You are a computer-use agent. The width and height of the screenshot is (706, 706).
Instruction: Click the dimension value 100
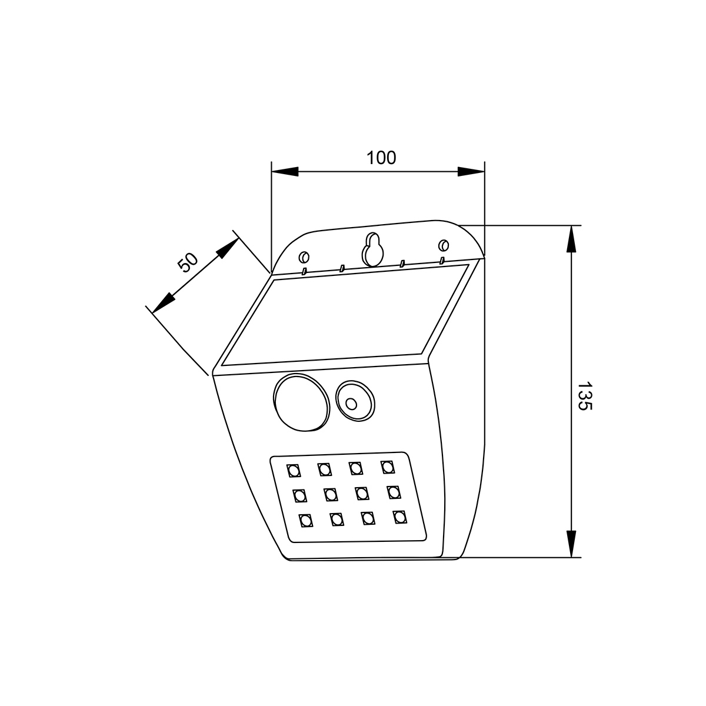coord(381,158)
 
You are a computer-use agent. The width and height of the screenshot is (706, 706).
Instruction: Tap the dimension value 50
coord(188,262)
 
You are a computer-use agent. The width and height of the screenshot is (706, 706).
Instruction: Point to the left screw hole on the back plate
coord(304,258)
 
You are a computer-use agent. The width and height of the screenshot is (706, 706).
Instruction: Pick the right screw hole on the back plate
coord(443,244)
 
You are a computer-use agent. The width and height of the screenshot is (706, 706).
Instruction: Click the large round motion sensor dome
coord(299,402)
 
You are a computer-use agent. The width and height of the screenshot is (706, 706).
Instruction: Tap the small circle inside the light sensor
coord(351,404)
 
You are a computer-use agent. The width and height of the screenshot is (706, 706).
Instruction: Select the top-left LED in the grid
coord(294,471)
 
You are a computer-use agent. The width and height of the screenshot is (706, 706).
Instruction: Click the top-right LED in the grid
coord(387,467)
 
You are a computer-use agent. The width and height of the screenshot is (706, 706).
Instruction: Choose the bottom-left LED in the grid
coord(305,521)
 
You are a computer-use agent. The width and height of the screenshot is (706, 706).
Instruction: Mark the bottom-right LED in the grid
coord(400,517)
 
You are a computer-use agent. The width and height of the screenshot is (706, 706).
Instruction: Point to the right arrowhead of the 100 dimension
coord(471,172)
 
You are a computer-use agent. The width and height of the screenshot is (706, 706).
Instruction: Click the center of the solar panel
coord(346,317)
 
